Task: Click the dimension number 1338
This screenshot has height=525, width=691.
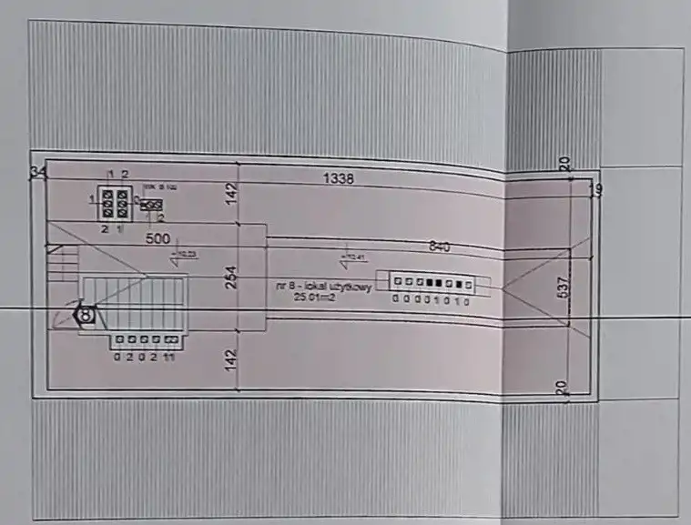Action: pyautogui.click(x=338, y=179)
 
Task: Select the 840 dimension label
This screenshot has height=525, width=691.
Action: pyautogui.click(x=441, y=247)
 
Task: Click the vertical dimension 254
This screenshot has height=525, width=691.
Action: pyautogui.click(x=231, y=277)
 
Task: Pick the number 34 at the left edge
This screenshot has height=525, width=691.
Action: pyautogui.click(x=37, y=173)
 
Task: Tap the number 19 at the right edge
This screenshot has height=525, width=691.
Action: pyautogui.click(x=595, y=190)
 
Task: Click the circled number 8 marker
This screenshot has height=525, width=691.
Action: pyautogui.click(x=86, y=315)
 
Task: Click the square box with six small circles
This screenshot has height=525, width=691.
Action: pyautogui.click(x=117, y=202)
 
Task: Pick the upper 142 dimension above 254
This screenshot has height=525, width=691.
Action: pyautogui.click(x=231, y=194)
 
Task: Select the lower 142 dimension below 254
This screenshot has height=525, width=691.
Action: pyautogui.click(x=231, y=358)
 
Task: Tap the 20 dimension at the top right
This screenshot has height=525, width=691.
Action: pyautogui.click(x=564, y=164)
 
